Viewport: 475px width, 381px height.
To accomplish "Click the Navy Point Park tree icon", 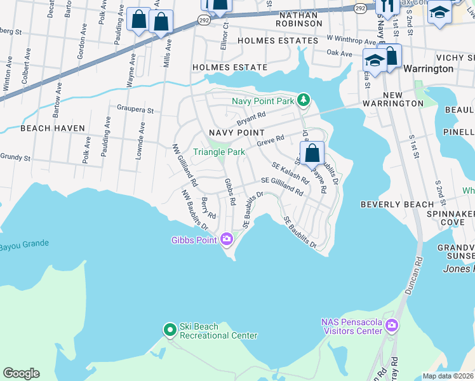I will tap(304, 100).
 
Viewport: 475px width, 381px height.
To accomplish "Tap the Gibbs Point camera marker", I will tap(227, 239).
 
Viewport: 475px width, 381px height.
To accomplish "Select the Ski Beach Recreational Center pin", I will tap(170, 330).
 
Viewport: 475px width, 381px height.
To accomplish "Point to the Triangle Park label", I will tap(219, 152).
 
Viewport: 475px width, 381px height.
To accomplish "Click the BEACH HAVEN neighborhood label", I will tap(53, 128).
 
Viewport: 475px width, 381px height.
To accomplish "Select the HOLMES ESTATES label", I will tap(277, 41).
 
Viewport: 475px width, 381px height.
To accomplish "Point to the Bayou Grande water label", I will tap(23, 244).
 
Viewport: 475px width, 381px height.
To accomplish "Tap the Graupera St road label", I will tap(135, 110).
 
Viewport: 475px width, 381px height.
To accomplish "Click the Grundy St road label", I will tap(15, 156).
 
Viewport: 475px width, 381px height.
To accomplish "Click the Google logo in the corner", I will tap(20, 373).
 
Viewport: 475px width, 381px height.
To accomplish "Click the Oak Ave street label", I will tap(339, 54).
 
